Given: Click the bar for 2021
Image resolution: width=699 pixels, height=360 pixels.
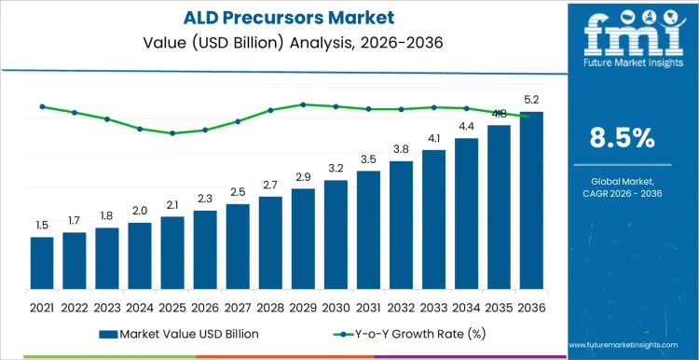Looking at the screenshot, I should pos(42,263).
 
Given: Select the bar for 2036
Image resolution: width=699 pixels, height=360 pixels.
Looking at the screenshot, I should pos(531,201).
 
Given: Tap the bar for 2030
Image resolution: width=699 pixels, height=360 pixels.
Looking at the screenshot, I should pos(336,234).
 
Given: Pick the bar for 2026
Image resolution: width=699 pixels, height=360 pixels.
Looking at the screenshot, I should pos(205,249).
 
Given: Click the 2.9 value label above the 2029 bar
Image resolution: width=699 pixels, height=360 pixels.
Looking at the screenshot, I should pos(303,177).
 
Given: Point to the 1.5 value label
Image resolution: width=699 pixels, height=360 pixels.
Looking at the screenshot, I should pos(42,226).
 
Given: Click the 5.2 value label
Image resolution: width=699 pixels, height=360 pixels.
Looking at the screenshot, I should pos(531,99).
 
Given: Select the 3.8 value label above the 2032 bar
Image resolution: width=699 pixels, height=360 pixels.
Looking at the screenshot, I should pos(401,149).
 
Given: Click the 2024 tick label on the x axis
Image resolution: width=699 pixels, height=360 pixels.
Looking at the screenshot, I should pos(140,306).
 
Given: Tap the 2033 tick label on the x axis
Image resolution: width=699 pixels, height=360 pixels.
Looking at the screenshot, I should pos(433,306).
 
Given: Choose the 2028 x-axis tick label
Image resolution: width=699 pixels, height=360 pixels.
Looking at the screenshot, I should pos(270,306).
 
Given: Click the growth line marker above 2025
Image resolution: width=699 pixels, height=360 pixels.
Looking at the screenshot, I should pos(172,133).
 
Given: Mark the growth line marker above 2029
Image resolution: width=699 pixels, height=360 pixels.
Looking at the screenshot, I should pos(303,104).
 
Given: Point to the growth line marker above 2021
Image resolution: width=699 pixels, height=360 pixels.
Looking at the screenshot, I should pos(42,106).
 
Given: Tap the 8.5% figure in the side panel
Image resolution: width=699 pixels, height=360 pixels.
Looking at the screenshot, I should pos(623,138).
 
